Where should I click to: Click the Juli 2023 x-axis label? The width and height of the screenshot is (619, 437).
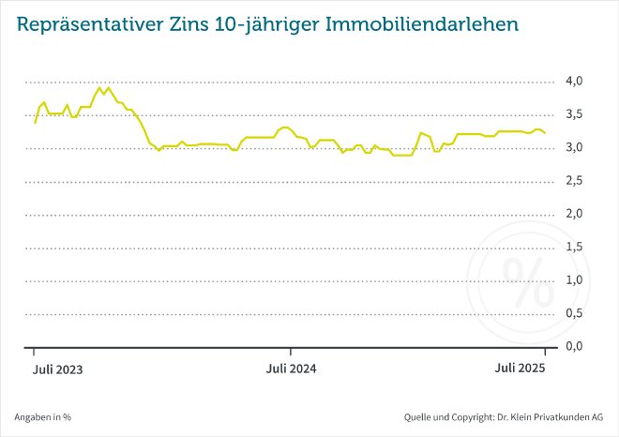click(56, 369)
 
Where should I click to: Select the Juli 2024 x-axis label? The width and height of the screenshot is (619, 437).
click(291, 369)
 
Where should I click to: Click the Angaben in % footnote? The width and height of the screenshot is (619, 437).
click(43, 416)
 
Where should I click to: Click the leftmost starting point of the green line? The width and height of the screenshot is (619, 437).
click(35, 123)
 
